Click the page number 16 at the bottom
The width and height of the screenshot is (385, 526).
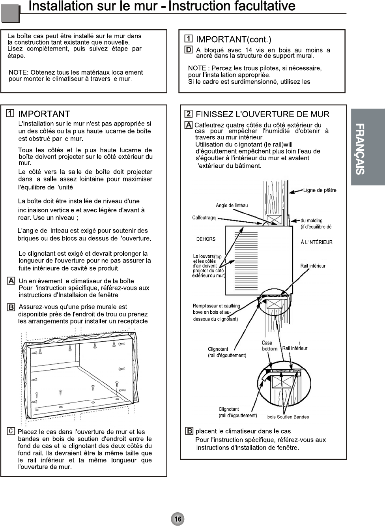178,519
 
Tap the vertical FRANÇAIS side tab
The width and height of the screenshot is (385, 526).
368,148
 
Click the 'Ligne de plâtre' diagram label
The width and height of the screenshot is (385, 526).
320,190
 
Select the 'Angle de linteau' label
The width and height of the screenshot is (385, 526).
232,205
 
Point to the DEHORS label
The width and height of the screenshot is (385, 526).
206,239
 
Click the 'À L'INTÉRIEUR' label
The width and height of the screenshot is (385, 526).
316,242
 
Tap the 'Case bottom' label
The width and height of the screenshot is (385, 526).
269,346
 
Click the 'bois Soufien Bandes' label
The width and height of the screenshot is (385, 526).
288,417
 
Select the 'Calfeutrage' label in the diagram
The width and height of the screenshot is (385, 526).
204,218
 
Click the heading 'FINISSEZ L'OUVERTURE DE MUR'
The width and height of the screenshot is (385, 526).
262,114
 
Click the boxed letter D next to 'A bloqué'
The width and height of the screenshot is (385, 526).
189,50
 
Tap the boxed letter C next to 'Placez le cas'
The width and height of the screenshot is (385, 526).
11,431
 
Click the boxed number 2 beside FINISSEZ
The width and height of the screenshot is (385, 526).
189,114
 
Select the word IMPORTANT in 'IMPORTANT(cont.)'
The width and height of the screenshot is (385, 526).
221,39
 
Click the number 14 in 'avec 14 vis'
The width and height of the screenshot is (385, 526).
249,50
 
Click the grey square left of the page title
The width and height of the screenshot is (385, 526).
10,15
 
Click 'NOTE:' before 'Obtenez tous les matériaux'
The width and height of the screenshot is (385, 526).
18,72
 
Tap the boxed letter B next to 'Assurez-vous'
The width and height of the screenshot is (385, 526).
11,307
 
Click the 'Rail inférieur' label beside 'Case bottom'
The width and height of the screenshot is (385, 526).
295,348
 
